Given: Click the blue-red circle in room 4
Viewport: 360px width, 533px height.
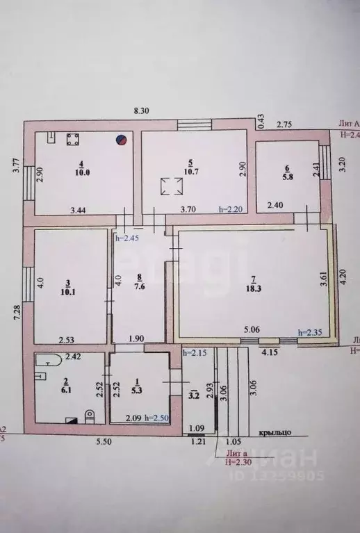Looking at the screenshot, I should pyautogui.click(x=121, y=139).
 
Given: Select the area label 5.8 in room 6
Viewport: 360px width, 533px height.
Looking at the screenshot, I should pyautogui.click(x=287, y=177).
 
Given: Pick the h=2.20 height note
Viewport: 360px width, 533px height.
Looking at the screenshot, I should pyautogui.click(x=230, y=208).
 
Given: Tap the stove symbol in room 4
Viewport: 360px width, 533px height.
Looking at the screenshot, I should pyautogui.click(x=72, y=139).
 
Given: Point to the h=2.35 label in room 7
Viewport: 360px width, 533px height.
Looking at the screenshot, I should pyautogui.click(x=310, y=331).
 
